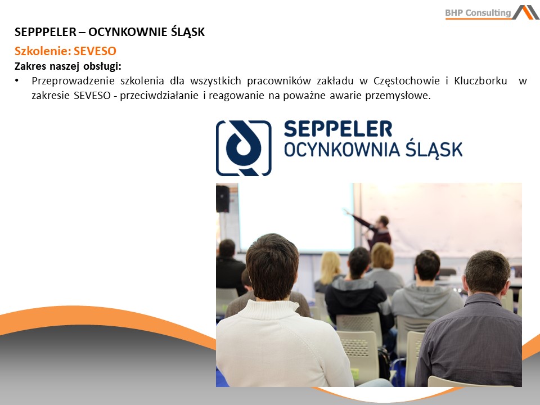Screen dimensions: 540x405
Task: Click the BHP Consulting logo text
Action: pos(478,13)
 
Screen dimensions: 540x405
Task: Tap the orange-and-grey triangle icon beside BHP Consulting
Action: pos(526,12)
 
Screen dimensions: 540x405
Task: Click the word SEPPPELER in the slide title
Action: pos(46,32)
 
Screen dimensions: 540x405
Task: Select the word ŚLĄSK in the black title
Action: pos(188,32)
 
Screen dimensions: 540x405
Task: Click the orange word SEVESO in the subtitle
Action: pos(95,51)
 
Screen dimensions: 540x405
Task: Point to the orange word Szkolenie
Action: pos(43,51)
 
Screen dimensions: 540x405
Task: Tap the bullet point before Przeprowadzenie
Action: pos(16,80)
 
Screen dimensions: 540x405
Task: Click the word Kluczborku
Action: pos(480,81)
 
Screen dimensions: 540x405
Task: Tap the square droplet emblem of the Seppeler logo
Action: pos(244,148)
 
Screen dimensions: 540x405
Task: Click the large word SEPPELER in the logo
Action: pos(338,129)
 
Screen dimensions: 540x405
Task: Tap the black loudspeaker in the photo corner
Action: pos(223,199)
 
